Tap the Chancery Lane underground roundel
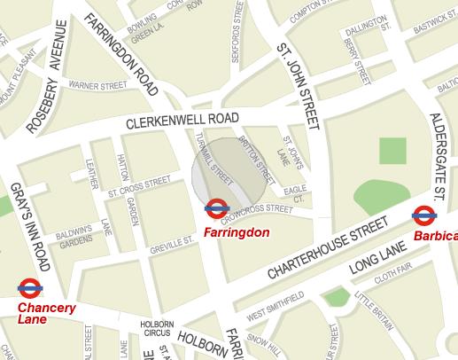(29, 287)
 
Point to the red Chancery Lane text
(47, 314)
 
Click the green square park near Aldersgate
(392, 151)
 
